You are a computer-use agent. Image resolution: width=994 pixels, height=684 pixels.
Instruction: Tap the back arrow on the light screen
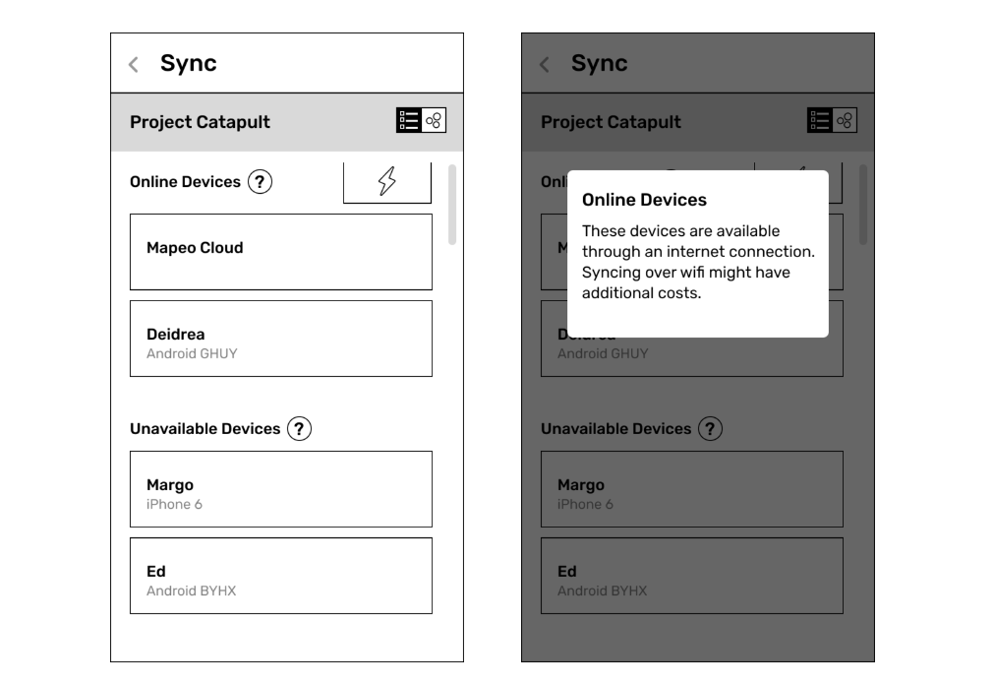133,64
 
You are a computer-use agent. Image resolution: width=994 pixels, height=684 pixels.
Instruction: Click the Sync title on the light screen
188,63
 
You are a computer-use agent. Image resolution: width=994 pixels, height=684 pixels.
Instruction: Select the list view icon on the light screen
409,120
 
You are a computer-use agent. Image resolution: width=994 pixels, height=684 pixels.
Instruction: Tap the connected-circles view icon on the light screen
434,120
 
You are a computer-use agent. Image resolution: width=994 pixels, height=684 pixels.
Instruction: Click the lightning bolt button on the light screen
387,181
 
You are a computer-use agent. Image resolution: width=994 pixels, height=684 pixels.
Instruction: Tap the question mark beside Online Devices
260,181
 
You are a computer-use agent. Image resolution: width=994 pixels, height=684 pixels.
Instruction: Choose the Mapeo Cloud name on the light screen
195,247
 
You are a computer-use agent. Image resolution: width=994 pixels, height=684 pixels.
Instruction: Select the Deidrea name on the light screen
176,335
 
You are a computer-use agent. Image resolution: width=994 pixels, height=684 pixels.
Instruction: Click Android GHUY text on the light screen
192,353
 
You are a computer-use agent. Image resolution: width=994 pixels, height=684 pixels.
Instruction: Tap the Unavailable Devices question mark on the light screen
299,429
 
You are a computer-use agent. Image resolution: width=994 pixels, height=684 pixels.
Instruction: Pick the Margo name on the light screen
170,485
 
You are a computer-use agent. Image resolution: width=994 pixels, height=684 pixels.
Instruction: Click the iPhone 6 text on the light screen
174,505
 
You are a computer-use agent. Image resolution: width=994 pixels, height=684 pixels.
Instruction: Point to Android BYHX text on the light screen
192,591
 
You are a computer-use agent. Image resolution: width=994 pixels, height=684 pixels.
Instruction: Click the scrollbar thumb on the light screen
452,205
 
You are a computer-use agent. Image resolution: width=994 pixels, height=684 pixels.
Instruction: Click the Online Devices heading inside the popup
644,200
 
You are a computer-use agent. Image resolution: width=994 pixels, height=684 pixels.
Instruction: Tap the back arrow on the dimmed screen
544,64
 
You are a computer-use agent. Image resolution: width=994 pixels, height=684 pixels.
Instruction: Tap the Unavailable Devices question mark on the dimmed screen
710,429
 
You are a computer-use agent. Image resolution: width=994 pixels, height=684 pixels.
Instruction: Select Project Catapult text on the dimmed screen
612,122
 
